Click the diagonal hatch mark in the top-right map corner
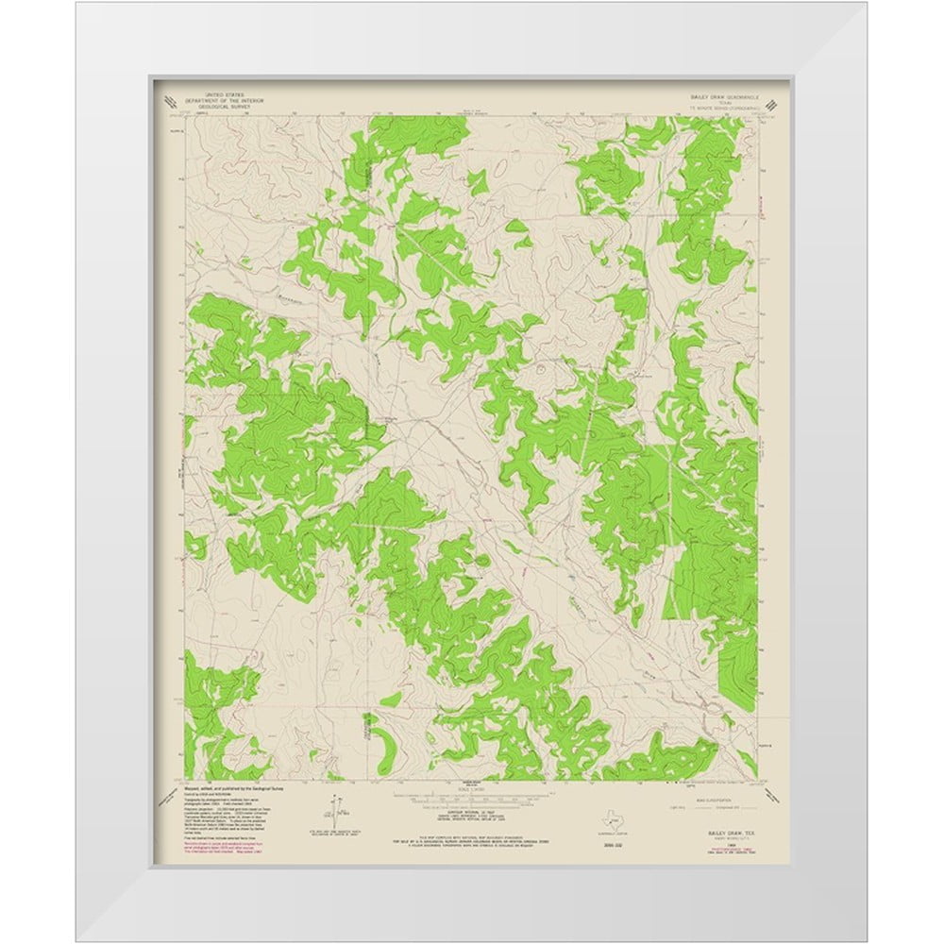(772, 103)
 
